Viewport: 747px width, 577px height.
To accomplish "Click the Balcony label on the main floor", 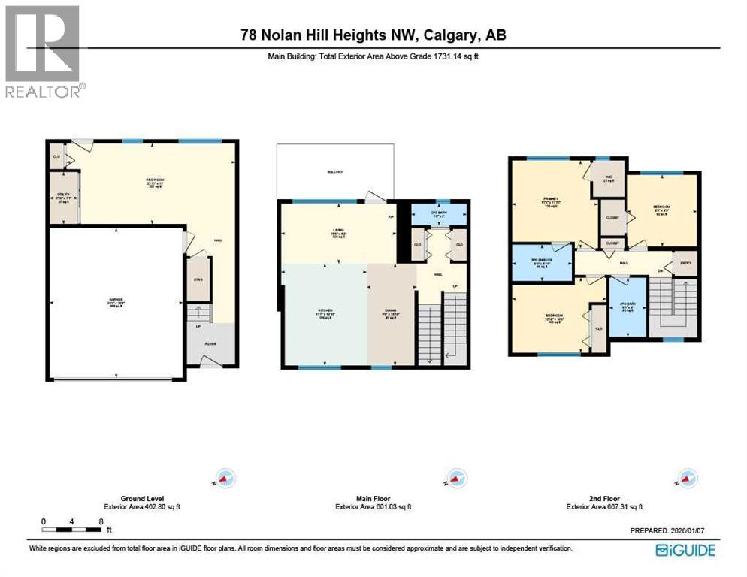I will click(335, 172).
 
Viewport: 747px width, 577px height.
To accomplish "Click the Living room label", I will click(337, 233).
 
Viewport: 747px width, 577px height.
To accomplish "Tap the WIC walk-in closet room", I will click(609, 178).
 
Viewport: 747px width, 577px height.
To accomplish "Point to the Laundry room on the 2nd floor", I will click(685, 263).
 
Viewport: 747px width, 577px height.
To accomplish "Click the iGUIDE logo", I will click(685, 550).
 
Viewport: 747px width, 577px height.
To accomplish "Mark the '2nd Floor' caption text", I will click(603, 498).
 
